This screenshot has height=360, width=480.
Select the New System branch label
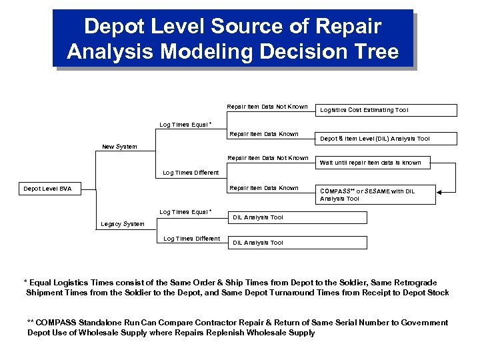point(119,147)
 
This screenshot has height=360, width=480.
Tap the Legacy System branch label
point(122,224)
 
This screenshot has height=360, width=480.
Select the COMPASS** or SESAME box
point(376,195)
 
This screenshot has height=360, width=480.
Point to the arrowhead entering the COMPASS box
point(441,194)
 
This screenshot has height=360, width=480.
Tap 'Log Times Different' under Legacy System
point(192,239)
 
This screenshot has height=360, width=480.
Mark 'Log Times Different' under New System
point(191,173)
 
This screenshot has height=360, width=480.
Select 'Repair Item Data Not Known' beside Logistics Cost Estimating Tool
point(267,107)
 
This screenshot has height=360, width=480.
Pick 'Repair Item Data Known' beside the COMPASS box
point(263,188)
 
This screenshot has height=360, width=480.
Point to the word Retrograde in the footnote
point(423,282)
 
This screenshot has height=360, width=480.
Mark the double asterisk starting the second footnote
point(30,323)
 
